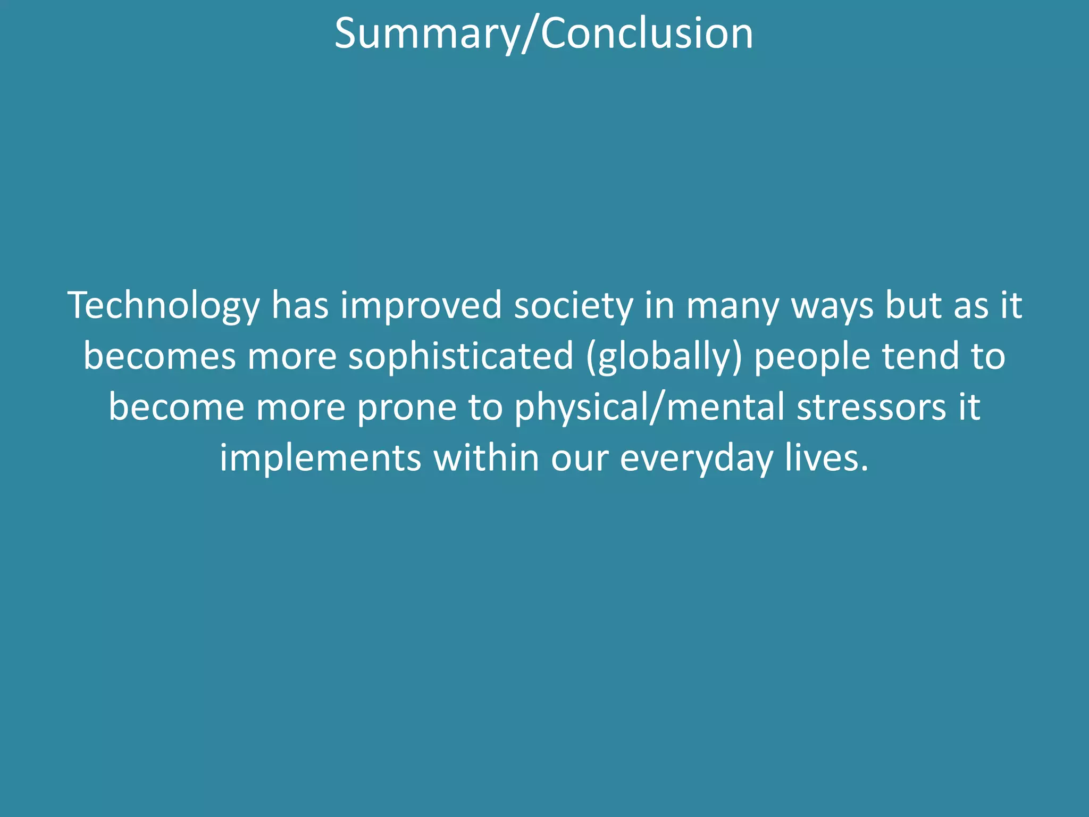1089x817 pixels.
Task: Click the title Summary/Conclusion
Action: tap(543, 33)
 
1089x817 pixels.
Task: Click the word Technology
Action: tap(164, 306)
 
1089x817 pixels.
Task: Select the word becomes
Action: tap(160, 356)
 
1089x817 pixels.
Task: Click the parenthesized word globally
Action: tap(664, 357)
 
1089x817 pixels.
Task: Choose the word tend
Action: tap(921, 356)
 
